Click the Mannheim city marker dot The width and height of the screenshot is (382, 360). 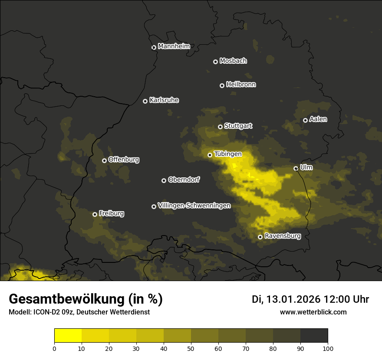tap(154, 48)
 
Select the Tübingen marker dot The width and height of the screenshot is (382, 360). tap(210, 155)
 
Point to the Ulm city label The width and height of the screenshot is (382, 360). tap(306, 167)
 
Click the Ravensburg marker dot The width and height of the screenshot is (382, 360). tap(260, 237)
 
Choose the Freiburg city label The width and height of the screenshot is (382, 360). tap(111, 213)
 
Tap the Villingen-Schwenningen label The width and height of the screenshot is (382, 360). tap(194, 206)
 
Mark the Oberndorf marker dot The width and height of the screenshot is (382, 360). tap(164, 180)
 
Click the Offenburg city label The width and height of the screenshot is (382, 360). tap(124, 160)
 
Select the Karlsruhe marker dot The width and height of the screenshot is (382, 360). tap(145, 101)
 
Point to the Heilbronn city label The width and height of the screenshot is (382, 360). tap(241, 85)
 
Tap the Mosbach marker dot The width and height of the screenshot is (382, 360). tap(215, 62)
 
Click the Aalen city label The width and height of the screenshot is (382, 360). tap(318, 119)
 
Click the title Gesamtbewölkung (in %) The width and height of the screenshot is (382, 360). tap(86, 299)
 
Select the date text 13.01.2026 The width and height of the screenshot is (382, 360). tap(293, 299)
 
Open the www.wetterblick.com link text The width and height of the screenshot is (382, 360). tap(313, 312)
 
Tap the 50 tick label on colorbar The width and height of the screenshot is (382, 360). tap(191, 348)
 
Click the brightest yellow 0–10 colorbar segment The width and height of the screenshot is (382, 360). tap(68, 336)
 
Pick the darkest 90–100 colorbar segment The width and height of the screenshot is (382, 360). tap(314, 336)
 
